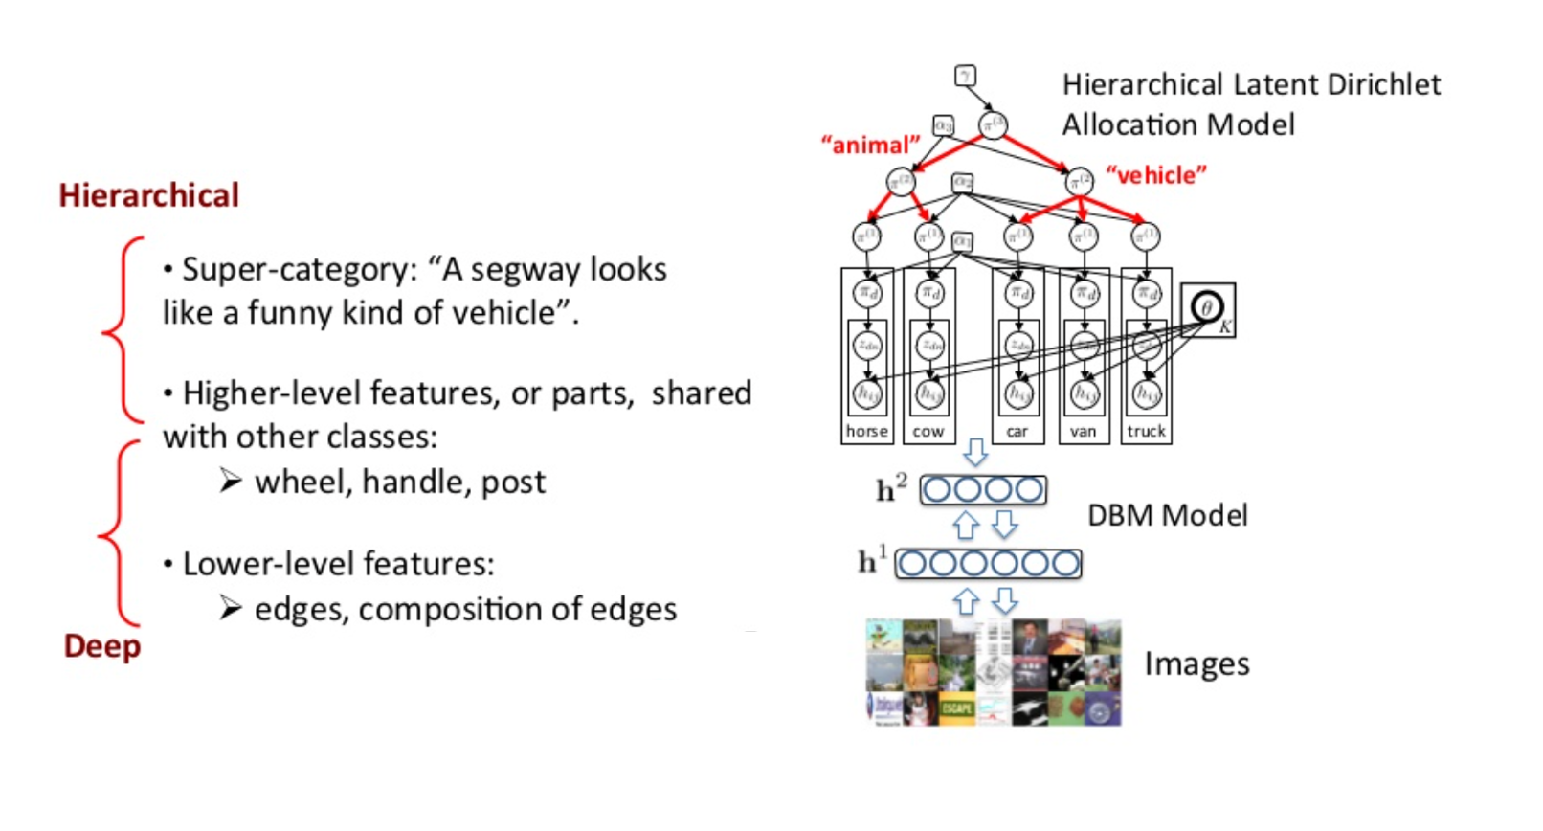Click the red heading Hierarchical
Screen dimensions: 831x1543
point(148,195)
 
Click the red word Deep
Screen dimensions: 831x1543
point(102,646)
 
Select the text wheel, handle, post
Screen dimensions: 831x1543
point(399,482)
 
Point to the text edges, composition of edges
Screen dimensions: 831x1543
point(465,609)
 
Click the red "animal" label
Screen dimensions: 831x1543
point(869,145)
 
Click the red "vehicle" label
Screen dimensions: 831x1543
point(1155,175)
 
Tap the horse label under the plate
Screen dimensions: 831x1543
point(866,432)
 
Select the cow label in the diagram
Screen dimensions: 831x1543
point(928,432)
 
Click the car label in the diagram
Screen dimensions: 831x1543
point(1017,432)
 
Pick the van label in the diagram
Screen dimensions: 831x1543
point(1083,432)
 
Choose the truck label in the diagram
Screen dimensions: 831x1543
point(1146,432)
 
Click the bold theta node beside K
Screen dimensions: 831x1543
point(1206,307)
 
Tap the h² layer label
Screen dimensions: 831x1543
point(890,489)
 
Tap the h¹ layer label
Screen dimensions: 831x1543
point(871,561)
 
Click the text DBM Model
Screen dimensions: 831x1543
point(1167,516)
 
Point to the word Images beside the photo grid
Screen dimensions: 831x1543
point(1196,663)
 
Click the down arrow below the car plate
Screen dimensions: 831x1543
point(975,452)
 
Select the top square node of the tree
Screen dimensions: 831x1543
point(965,76)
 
